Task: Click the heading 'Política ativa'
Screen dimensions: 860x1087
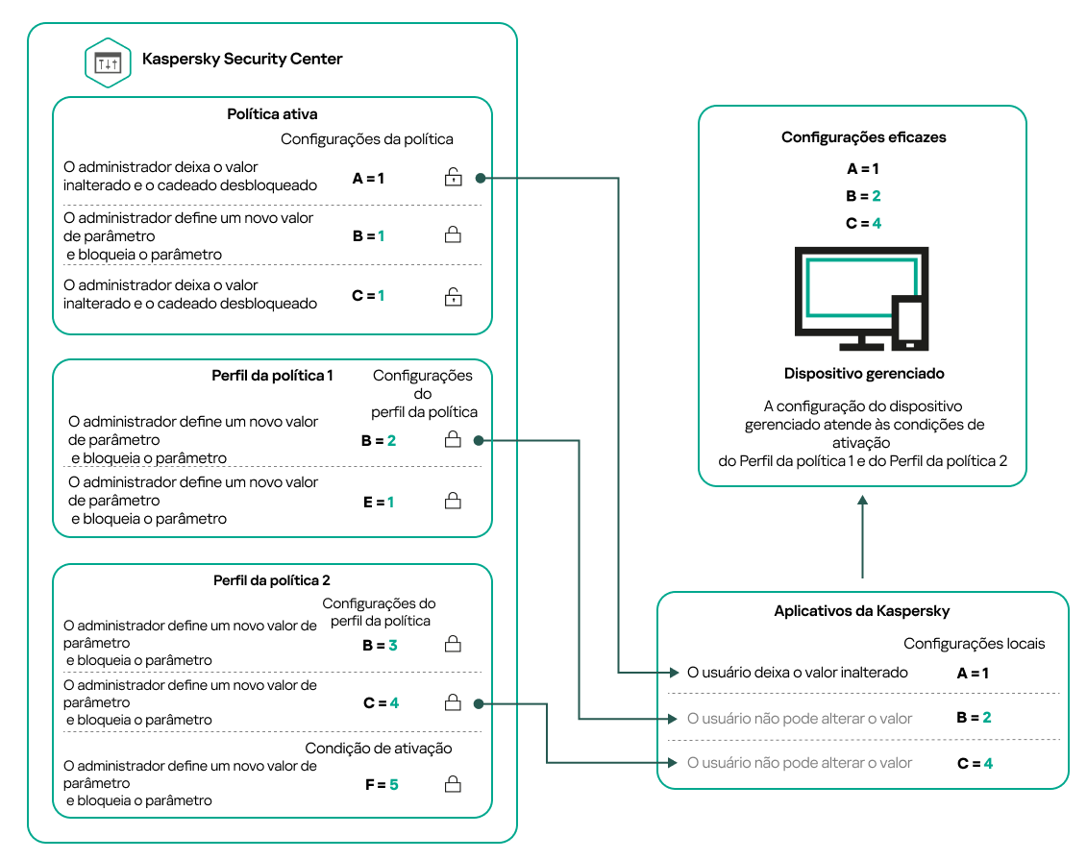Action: pyautogui.click(x=272, y=114)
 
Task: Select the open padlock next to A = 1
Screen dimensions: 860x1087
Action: pyautogui.click(x=452, y=177)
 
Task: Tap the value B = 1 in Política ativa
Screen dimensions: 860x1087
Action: pyautogui.click(x=368, y=235)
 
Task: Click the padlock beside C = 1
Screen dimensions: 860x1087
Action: pyautogui.click(x=452, y=296)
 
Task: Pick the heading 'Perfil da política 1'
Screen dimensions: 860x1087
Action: pyautogui.click(x=272, y=375)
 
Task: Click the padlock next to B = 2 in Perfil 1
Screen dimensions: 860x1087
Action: pyautogui.click(x=452, y=440)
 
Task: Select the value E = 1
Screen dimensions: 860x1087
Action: pyautogui.click(x=379, y=502)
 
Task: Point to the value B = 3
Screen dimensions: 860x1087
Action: pyautogui.click(x=380, y=646)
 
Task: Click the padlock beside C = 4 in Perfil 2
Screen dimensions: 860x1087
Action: pyautogui.click(x=452, y=703)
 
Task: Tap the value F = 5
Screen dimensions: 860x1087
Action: pyautogui.click(x=380, y=785)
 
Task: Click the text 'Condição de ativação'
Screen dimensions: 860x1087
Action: pyautogui.click(x=379, y=749)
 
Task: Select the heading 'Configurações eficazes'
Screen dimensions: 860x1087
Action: pyautogui.click(x=863, y=137)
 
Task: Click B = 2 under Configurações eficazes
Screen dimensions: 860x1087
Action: pyautogui.click(x=863, y=196)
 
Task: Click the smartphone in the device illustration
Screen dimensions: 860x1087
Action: pyautogui.click(x=908, y=324)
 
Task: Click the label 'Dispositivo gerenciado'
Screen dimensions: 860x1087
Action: pyautogui.click(x=863, y=373)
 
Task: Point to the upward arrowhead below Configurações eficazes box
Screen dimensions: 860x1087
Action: pyautogui.click(x=863, y=502)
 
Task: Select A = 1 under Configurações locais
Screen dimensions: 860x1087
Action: pyautogui.click(x=973, y=674)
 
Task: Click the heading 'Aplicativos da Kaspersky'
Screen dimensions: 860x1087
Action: pyautogui.click(x=862, y=611)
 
